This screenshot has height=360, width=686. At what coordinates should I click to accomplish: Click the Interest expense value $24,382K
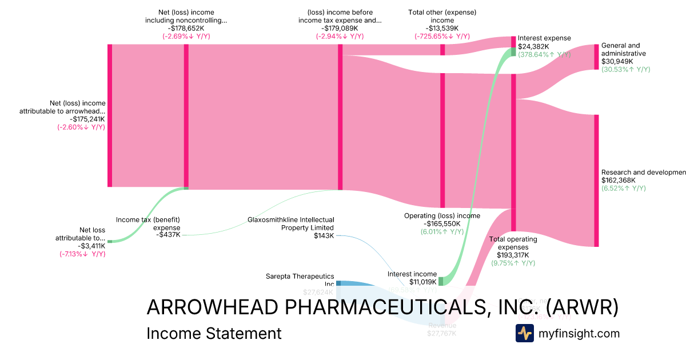533,46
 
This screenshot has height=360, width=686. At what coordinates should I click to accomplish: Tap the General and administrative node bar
596,57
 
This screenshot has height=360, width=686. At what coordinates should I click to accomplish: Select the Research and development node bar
596,181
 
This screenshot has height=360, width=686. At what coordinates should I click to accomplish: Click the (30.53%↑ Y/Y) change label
625,69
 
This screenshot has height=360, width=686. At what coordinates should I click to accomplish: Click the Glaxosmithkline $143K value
324,235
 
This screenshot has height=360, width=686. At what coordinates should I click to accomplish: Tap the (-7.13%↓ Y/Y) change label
82,254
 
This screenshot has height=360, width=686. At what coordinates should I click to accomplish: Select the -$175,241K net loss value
81,119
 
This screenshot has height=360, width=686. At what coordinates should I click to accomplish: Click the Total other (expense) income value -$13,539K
442,28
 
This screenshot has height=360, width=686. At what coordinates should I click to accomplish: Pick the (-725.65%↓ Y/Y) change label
442,36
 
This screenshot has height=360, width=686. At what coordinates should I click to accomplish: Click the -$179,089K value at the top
340,28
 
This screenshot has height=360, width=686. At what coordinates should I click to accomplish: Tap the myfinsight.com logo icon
524,333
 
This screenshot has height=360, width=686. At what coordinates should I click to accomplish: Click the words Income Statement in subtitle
214,333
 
